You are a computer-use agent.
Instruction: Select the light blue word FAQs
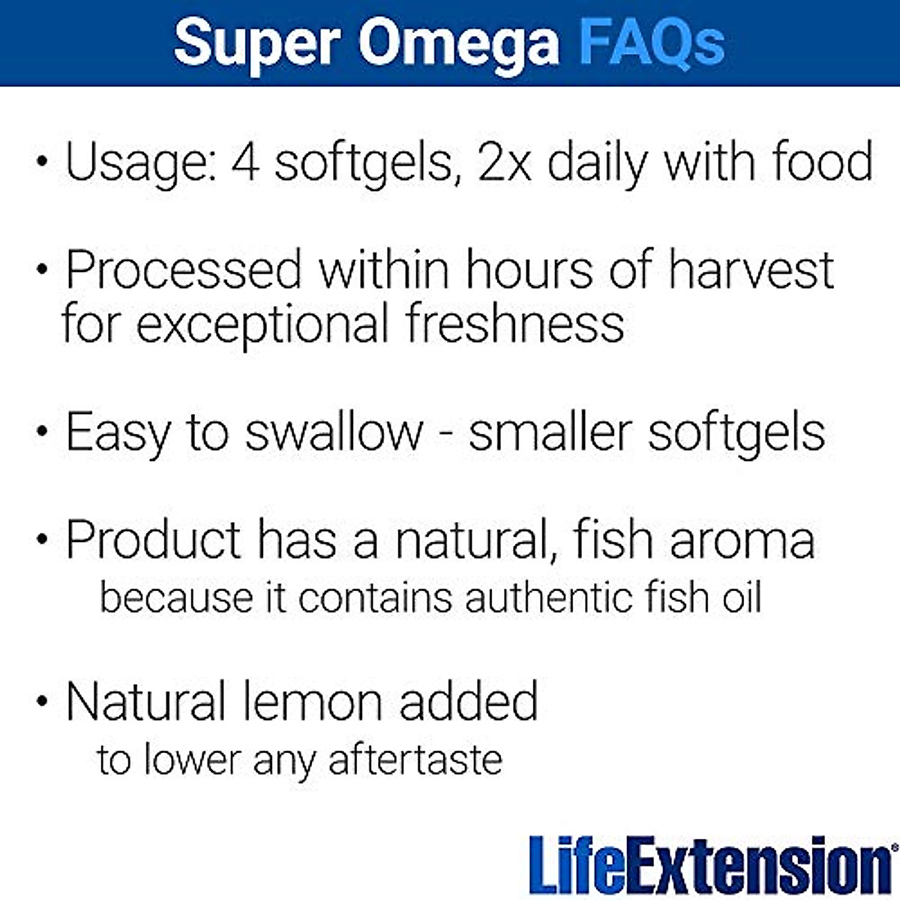[x=652, y=43]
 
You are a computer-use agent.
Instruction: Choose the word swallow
[x=334, y=433]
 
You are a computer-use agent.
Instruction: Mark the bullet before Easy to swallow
[x=43, y=434]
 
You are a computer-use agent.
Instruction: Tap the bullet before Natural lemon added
[x=43, y=703]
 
